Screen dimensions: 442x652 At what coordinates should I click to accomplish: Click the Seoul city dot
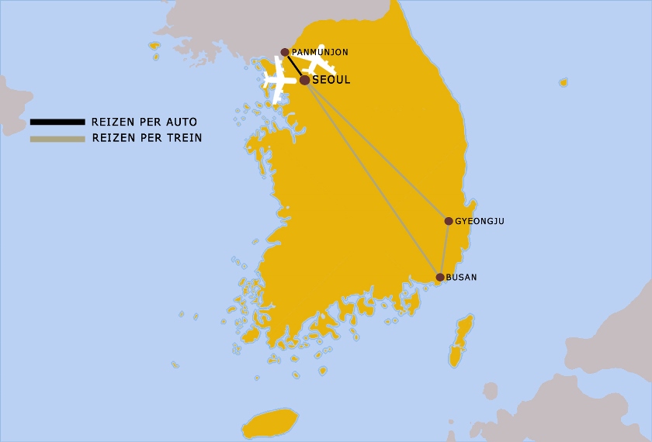[x=304, y=80]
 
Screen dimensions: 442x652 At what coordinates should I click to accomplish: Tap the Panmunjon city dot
[x=285, y=53]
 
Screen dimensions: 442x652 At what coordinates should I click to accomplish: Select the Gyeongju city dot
[x=449, y=221]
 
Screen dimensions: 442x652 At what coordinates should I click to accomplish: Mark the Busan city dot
[x=440, y=277]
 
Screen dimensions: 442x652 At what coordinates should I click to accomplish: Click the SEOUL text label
[x=331, y=80]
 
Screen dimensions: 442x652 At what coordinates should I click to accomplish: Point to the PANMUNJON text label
[x=320, y=53]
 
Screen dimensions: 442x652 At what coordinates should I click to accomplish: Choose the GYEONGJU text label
[x=480, y=222]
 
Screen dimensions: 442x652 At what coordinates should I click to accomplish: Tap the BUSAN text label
[x=462, y=278]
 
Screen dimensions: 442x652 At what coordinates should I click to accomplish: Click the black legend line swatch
[x=57, y=122]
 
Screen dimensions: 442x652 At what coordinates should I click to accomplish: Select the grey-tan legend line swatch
[x=57, y=139]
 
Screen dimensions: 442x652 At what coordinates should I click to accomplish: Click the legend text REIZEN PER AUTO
[x=144, y=122]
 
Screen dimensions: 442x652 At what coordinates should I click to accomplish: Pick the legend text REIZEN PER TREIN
[x=147, y=139]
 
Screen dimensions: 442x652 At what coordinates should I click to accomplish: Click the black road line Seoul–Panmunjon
[x=294, y=66]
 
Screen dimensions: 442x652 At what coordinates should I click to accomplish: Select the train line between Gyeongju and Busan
[x=445, y=249]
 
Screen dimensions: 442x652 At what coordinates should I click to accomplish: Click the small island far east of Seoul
[x=564, y=82]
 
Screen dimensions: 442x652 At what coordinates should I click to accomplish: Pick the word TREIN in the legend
[x=186, y=139]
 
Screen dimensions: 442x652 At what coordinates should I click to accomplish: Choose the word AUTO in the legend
[x=182, y=122]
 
